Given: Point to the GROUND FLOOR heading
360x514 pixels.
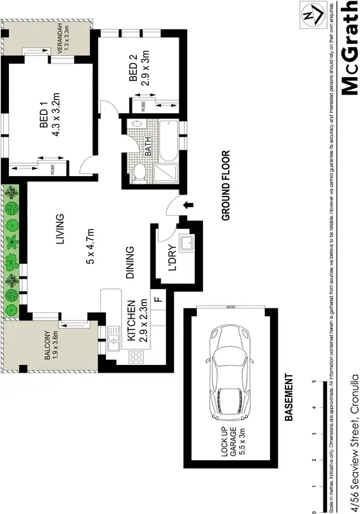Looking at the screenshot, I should pyautogui.click(x=225, y=186).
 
